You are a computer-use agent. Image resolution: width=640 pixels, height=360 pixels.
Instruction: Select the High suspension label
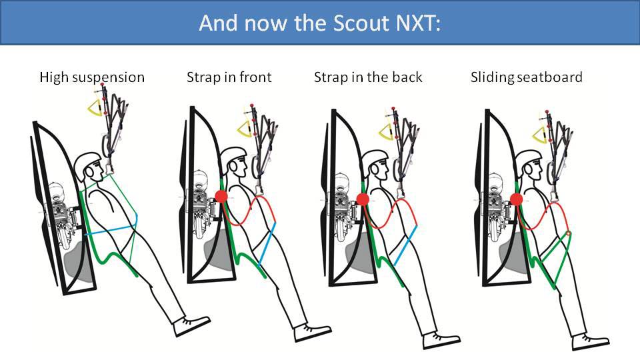click(x=92, y=77)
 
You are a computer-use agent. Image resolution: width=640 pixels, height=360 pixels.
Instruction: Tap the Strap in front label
click(x=229, y=77)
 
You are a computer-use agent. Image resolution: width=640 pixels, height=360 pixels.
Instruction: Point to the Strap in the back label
click(x=368, y=77)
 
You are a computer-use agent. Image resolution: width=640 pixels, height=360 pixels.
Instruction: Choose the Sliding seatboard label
click(x=527, y=77)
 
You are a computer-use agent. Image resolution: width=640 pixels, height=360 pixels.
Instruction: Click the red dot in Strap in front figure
click(x=221, y=197)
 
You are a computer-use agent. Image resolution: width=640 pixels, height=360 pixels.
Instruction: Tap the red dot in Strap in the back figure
click(x=363, y=199)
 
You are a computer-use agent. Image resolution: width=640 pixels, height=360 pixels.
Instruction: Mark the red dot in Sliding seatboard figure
click(x=516, y=199)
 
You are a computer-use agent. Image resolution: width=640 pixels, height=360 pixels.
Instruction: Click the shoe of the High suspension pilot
click(x=192, y=326)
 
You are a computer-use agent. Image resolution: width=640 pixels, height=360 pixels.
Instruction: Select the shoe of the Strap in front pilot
click(x=313, y=331)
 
